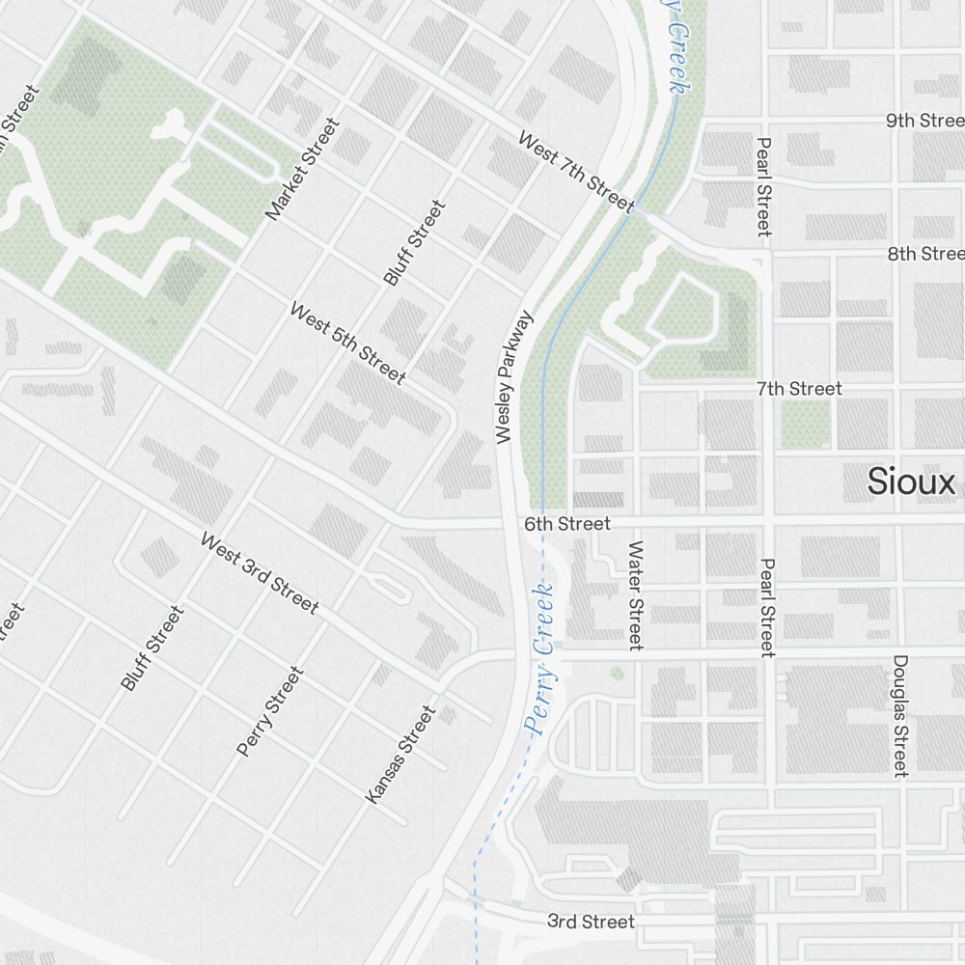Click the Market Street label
pos(304,169)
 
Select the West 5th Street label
pos(347,343)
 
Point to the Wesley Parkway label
pos(514,377)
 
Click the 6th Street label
pos(567,523)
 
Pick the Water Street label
pos(635,594)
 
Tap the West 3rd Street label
pos(259,572)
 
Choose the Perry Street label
pos(270,711)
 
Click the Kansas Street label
pos(401,755)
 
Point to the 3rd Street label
pos(591,922)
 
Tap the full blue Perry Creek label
pos(540,658)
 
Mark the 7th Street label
pos(799,388)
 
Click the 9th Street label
pos(924,121)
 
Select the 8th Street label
pos(925,254)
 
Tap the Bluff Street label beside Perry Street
pos(152,648)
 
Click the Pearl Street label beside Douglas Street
pos(767,608)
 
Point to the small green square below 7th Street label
pos(805,424)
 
